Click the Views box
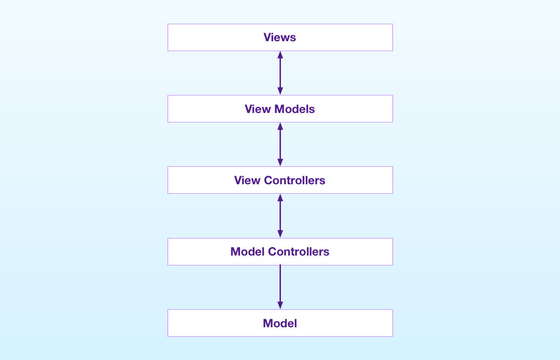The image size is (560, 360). click(280, 37)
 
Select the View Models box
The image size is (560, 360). click(280, 109)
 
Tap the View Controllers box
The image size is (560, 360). click(280, 180)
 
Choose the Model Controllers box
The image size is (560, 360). click(280, 252)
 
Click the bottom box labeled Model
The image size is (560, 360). click(280, 323)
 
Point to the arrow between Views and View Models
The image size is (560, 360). click(280, 73)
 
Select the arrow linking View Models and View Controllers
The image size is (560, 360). click(280, 144)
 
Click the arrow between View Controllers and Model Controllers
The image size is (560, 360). click(280, 216)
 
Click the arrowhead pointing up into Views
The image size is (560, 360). click(280, 55)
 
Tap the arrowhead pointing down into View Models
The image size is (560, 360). click(280, 91)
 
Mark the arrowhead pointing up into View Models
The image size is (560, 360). click(280, 126)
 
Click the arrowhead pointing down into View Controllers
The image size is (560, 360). click(280, 162)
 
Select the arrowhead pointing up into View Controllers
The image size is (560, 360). click(280, 197)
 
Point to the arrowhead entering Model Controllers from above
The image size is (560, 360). click(280, 234)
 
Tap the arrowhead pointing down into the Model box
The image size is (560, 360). click(280, 305)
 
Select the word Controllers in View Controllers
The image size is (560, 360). click(294, 180)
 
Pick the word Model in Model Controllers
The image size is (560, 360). click(247, 252)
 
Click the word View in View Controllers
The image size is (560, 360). click(247, 180)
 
